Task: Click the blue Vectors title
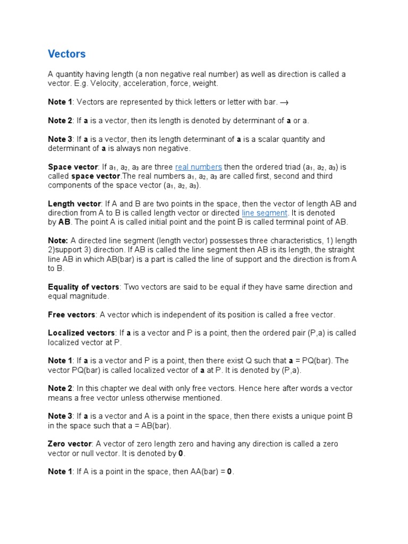(66, 54)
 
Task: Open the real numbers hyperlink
(198, 167)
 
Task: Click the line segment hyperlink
(264, 213)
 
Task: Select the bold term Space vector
(73, 167)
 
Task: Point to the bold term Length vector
(74, 204)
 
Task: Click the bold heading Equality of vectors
(83, 287)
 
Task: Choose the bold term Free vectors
(72, 314)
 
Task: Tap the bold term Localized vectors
(81, 333)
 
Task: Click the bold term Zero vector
(70, 444)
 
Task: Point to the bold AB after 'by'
(64, 222)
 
